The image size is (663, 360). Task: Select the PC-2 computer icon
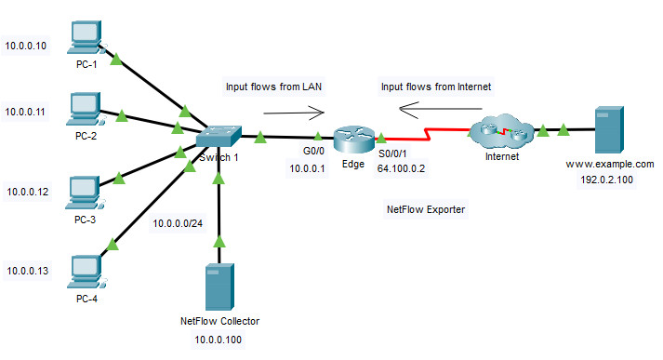tap(85, 109)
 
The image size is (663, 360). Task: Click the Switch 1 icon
tap(218, 137)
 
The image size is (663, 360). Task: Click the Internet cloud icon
tap(498, 131)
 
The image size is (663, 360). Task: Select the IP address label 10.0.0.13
tap(28, 271)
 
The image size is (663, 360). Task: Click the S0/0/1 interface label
tap(395, 154)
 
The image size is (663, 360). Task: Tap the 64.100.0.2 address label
tap(402, 169)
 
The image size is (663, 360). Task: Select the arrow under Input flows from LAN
tap(293, 113)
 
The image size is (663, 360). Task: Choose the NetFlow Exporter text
tap(425, 210)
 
